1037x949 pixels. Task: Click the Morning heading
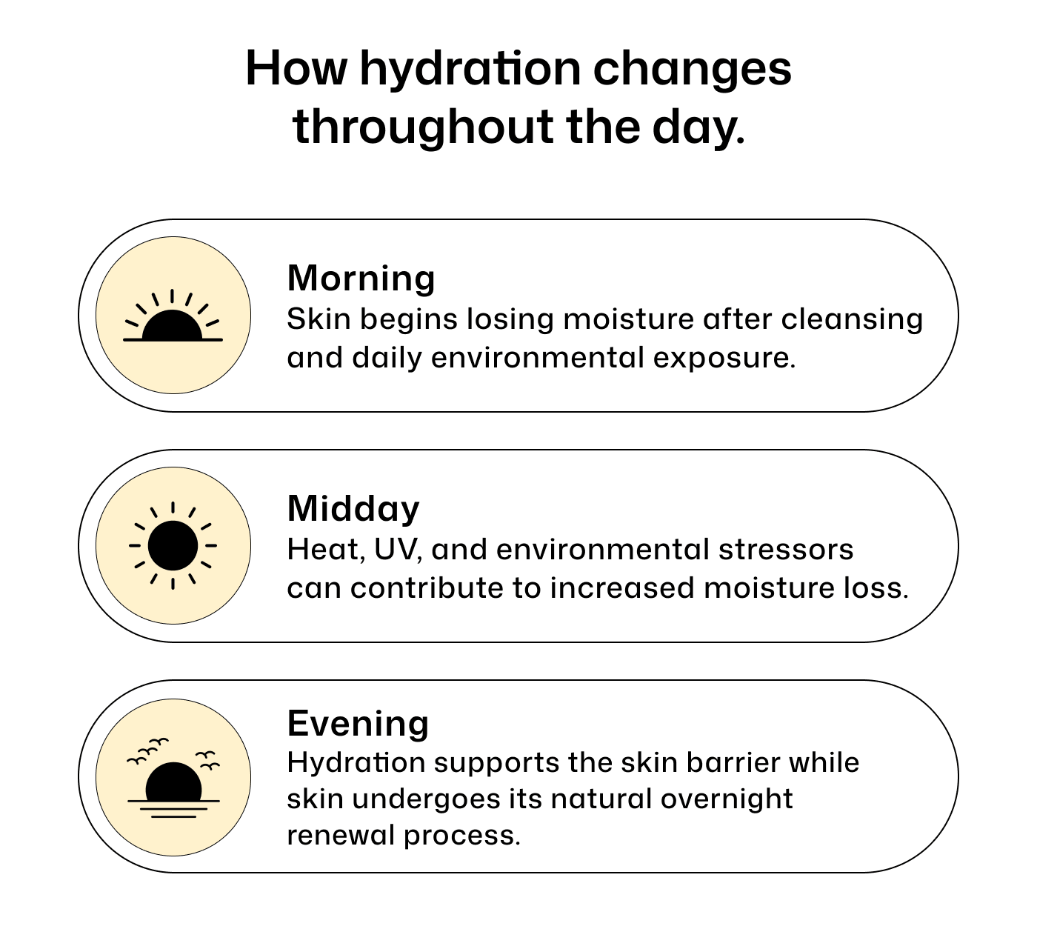point(361,279)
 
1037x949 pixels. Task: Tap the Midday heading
point(353,510)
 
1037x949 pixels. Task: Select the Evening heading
point(358,724)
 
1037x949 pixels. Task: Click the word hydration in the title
point(470,70)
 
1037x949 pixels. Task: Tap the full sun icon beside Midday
point(173,545)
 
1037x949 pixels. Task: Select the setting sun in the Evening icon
point(173,782)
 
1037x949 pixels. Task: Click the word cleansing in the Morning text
point(852,320)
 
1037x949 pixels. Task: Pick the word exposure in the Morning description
point(724,358)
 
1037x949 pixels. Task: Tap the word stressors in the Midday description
point(786,549)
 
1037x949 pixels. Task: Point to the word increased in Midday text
point(622,588)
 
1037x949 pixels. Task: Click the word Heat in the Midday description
point(323,549)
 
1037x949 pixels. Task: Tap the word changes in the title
point(692,70)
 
